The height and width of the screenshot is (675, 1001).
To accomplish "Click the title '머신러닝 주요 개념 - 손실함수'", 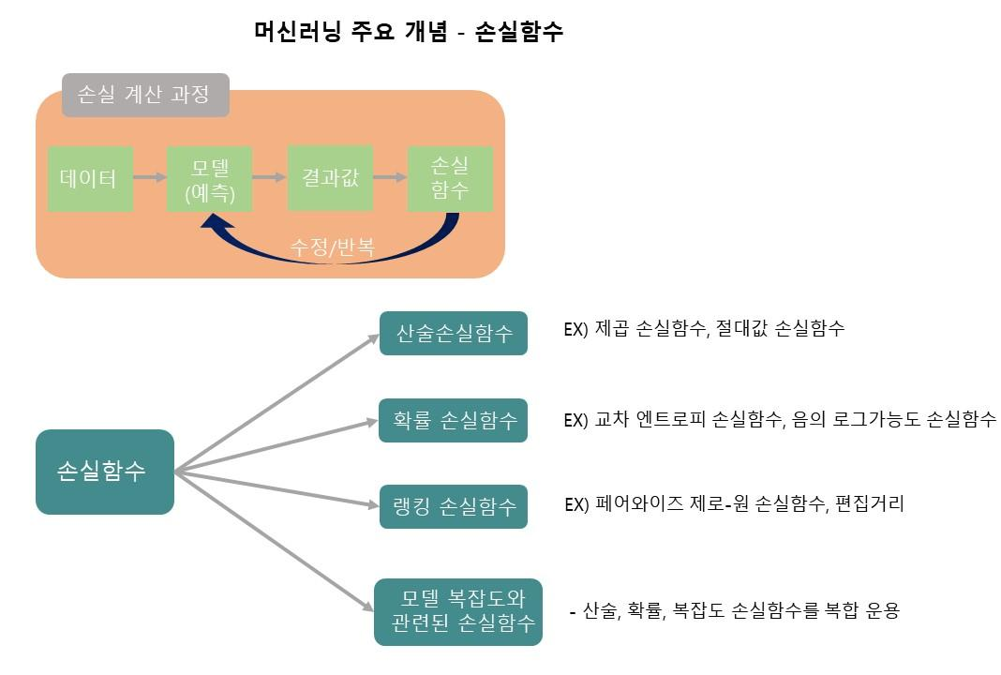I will pos(408,31).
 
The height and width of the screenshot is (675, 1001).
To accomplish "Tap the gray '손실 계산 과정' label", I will pos(144,95).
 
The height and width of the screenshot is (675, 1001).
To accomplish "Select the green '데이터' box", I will pos(89,177).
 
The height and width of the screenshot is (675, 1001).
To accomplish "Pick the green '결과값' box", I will pos(330,177).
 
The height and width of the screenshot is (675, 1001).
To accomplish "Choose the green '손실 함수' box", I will pos(450,178).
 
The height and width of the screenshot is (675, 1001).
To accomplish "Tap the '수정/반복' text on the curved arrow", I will pos(332,248).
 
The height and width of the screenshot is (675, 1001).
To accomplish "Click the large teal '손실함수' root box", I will pos(105,472).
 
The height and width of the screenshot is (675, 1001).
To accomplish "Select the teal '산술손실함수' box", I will pos(454,333).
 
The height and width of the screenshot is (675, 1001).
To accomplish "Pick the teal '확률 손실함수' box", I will pos(454,420).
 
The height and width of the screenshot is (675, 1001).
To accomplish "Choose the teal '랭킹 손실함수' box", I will pos(454,507).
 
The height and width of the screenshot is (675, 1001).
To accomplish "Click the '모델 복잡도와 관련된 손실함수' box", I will pos(458,612).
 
